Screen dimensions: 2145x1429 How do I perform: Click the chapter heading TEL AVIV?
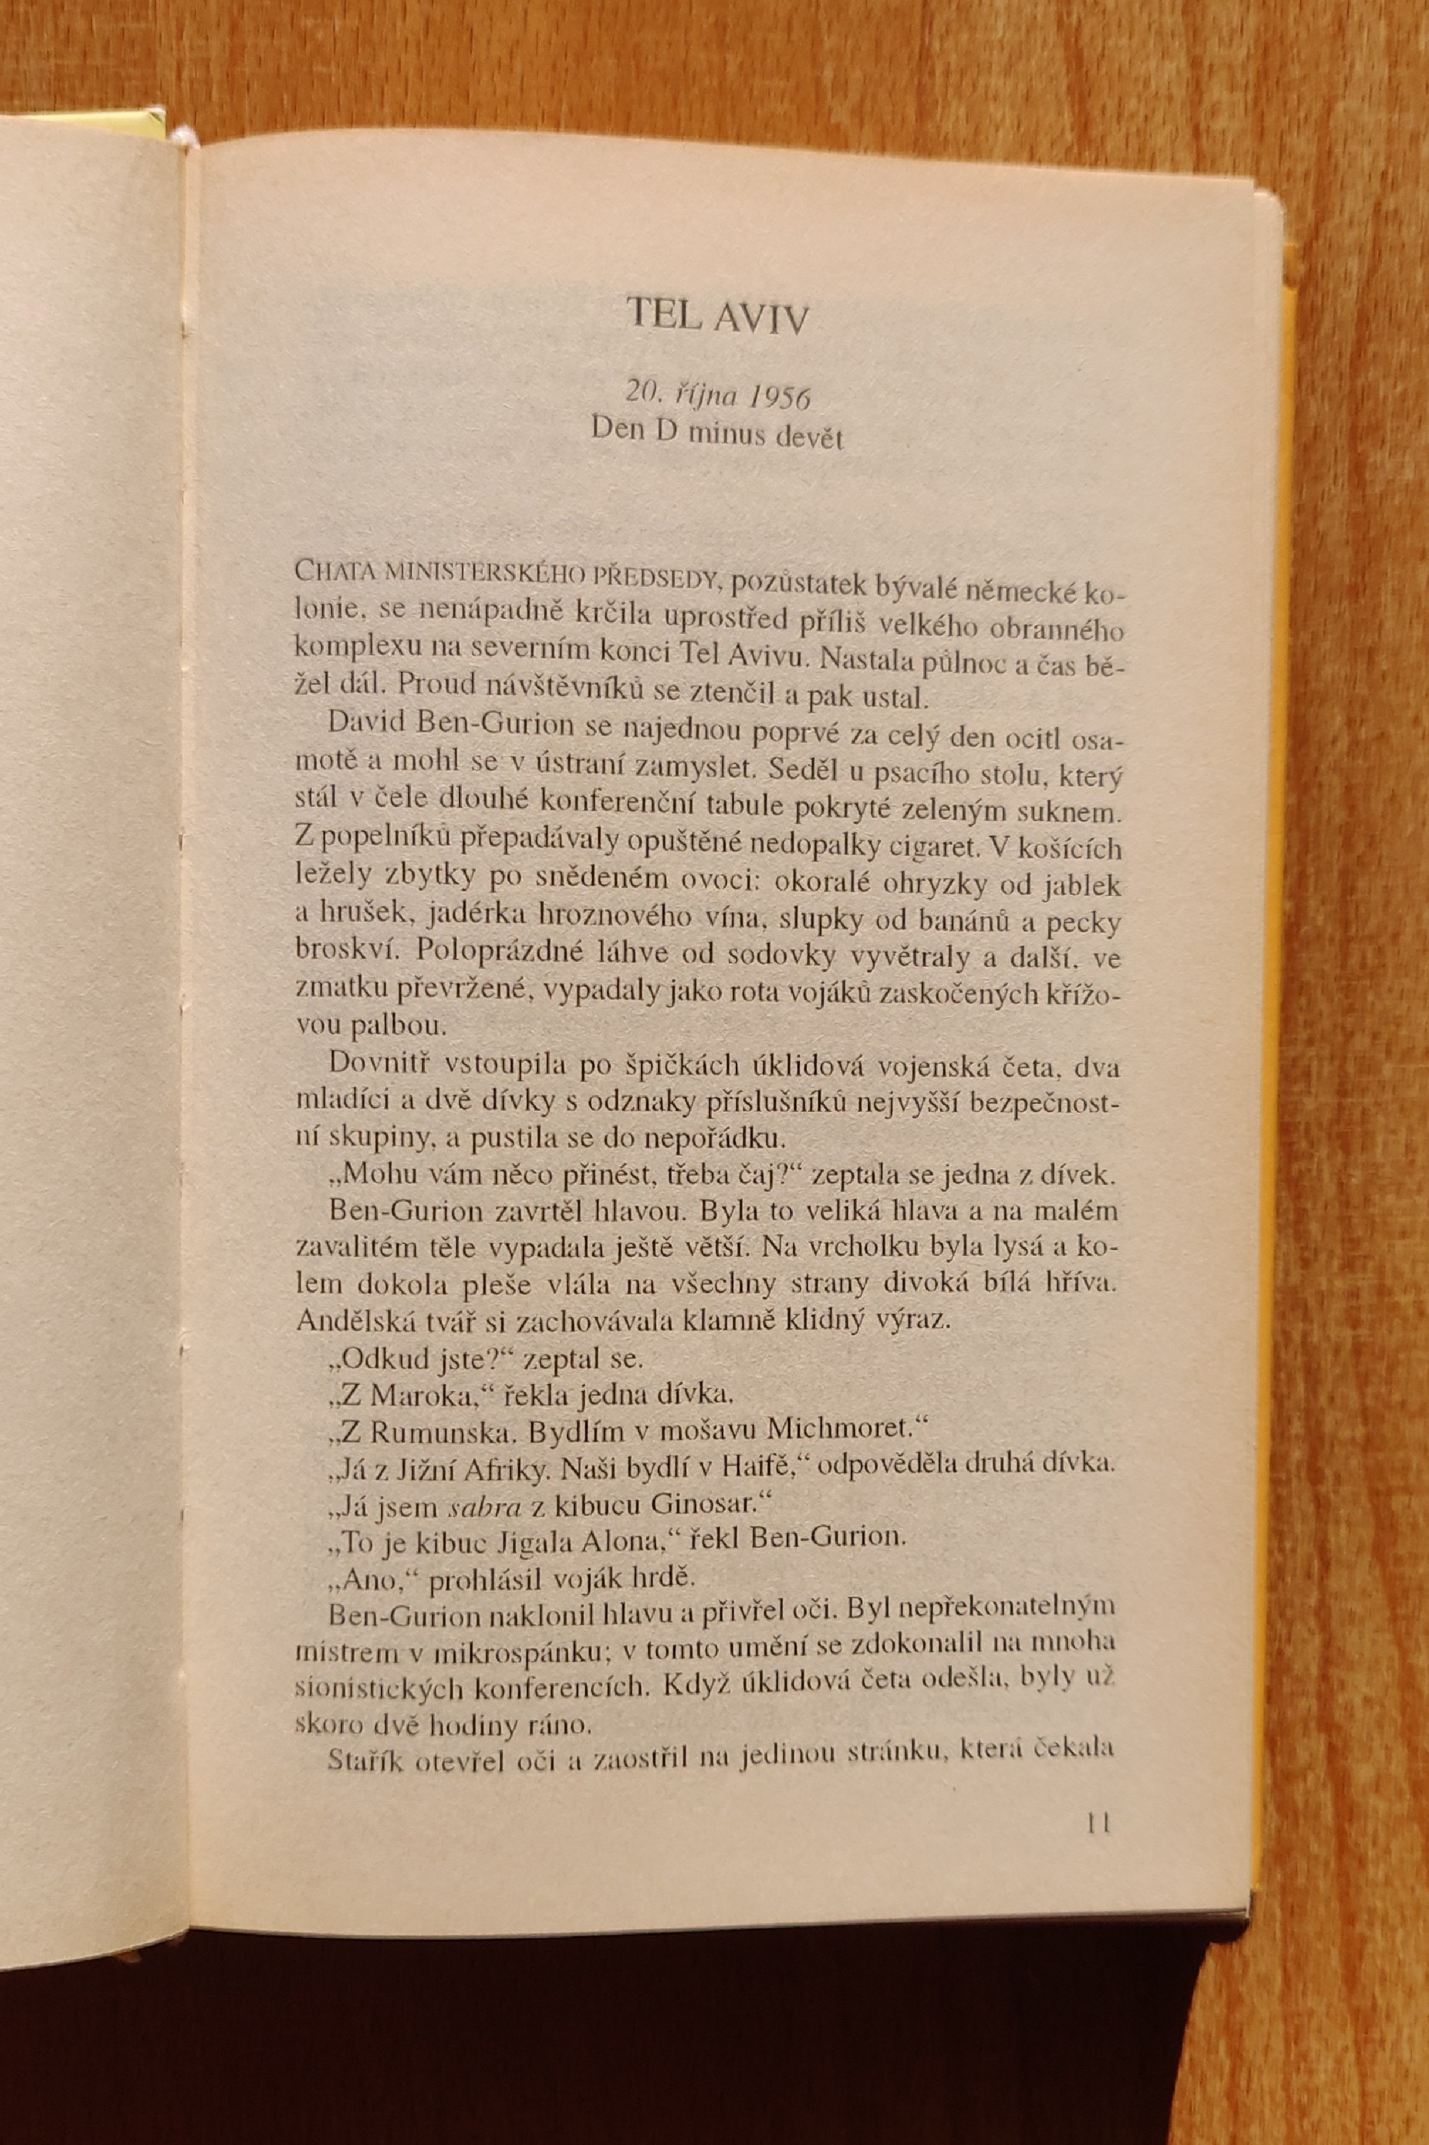[x=717, y=316]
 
